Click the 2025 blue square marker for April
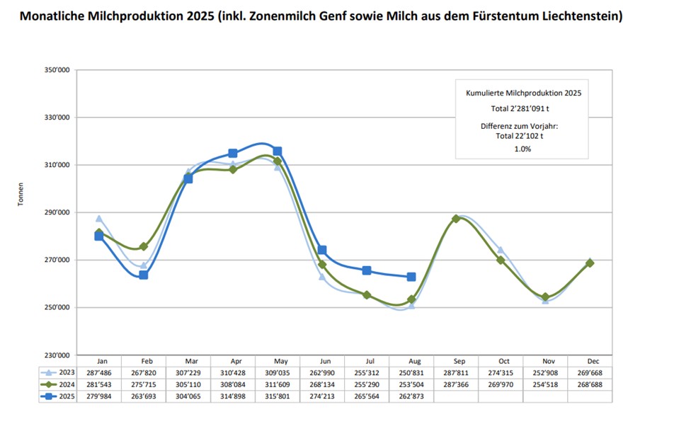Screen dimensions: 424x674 point(233,154)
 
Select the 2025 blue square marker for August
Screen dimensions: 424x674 point(411,277)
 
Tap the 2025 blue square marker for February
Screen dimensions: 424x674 point(144,275)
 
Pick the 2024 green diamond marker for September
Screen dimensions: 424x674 point(456,219)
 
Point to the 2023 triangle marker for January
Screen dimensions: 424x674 point(99,219)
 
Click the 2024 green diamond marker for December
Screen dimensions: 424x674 point(590,263)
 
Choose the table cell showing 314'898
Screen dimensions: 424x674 point(233,396)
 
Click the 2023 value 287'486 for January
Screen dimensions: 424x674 point(99,372)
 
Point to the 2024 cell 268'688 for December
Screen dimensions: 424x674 point(590,384)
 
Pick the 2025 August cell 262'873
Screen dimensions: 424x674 point(411,396)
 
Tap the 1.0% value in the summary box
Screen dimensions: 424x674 point(522,149)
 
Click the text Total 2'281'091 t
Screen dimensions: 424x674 point(523,109)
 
